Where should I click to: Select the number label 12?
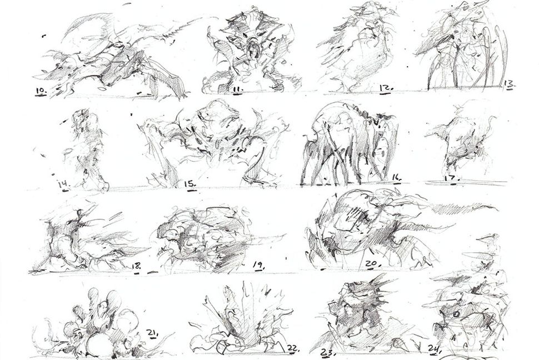[x=386, y=88]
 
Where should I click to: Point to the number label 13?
[x=507, y=84]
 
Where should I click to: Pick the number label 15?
[x=191, y=183]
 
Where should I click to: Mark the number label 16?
[x=396, y=178]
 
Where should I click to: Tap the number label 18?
[x=136, y=266]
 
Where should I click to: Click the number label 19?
[x=258, y=266]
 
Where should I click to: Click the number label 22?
[x=293, y=349]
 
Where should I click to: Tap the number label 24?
[x=434, y=349]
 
